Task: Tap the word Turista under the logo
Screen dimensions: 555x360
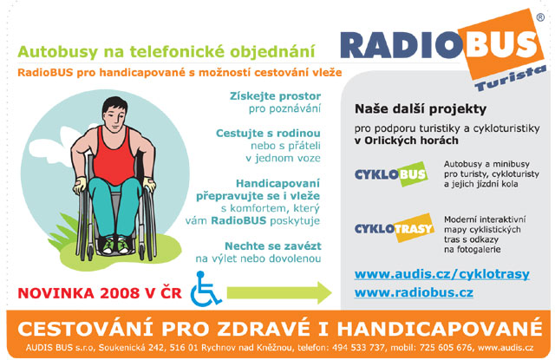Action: coord(510,79)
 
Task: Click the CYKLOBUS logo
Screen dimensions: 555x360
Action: coord(391,173)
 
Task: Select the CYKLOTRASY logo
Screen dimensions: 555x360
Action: coord(395,228)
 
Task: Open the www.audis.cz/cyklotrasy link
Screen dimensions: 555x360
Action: coord(441,274)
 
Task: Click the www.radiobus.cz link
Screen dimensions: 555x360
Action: coord(414,292)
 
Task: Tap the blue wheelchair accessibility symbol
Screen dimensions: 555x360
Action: coord(206,289)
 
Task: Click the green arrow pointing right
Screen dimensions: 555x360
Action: coord(279,292)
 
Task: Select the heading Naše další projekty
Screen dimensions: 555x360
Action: coord(421,109)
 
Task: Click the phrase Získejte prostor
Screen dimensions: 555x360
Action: coord(275,96)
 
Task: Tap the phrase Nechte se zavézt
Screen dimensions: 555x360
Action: coord(273,245)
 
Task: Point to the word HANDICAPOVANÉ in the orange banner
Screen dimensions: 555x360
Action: coord(440,329)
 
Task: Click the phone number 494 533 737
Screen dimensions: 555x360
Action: coord(358,348)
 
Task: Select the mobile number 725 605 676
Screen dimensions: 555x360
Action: coord(446,348)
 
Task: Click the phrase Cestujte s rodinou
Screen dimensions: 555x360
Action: coord(268,133)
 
